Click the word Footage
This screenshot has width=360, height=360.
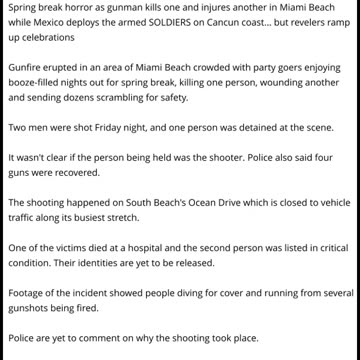pyautogui.click(x=27, y=293)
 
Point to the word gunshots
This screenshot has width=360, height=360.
pyautogui.click(x=31, y=308)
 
